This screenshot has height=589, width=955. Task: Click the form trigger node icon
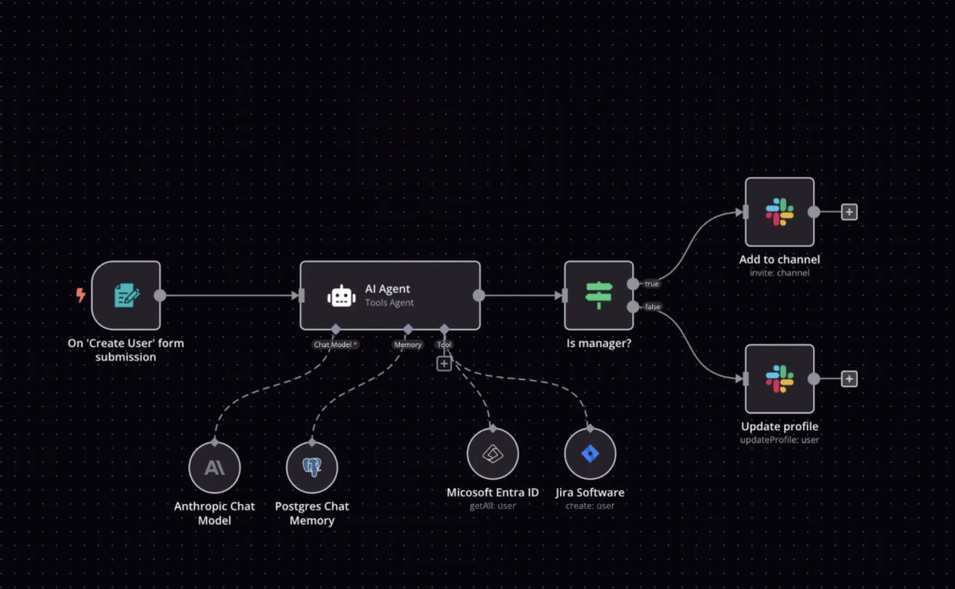[x=126, y=296]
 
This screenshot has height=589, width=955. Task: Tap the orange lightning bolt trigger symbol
[x=80, y=296]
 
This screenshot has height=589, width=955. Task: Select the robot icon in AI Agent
[x=341, y=296]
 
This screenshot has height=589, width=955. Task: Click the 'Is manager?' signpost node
[x=599, y=296]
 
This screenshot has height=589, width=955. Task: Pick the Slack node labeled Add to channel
[x=780, y=212]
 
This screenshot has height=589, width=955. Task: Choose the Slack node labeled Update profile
[x=780, y=379]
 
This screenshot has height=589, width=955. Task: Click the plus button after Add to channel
[x=849, y=212]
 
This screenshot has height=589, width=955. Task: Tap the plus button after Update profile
[x=849, y=379]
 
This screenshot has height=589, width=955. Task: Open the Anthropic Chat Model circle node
[x=215, y=468]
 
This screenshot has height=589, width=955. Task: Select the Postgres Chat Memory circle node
[x=311, y=468]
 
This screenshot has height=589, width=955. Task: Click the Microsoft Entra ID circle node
[x=492, y=455]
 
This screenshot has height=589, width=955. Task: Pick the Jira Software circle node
[x=589, y=455]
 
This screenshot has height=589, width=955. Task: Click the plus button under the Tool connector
[x=444, y=363]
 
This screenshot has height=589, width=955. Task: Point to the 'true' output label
[x=652, y=283]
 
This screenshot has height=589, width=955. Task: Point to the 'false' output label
[x=652, y=306]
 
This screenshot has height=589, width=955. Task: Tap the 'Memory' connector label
[x=408, y=344]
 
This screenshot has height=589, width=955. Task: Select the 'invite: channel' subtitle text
[x=780, y=273]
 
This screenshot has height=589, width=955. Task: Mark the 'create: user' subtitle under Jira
[x=589, y=506]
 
